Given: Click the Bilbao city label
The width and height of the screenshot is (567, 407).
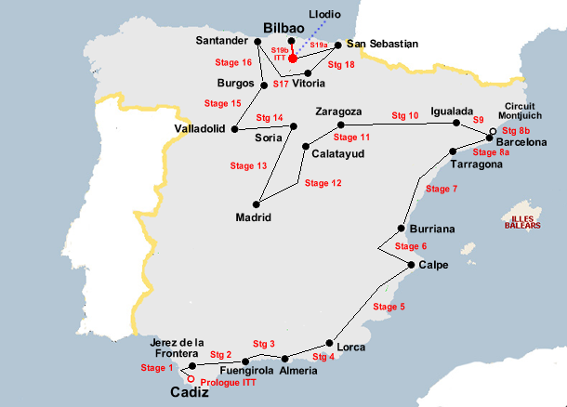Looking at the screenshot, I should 285,29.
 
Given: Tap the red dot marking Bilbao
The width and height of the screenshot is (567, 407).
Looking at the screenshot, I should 292,58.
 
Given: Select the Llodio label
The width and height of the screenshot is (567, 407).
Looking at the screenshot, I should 323,15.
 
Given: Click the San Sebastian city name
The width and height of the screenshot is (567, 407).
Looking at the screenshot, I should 382,44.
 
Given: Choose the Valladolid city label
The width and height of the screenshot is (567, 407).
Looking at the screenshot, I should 199,129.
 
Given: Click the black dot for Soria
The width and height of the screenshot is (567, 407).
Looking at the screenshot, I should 294,126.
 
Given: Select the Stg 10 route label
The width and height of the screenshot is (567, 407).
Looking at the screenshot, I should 405,116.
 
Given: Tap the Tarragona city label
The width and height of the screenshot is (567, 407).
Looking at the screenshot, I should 476,164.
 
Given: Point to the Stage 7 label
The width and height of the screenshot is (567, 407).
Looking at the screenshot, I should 442,189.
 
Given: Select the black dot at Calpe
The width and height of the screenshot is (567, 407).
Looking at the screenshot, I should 411,265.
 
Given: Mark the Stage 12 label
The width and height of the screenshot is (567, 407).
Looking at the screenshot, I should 323,183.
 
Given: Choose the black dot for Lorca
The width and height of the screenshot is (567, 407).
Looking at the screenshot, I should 329,342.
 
